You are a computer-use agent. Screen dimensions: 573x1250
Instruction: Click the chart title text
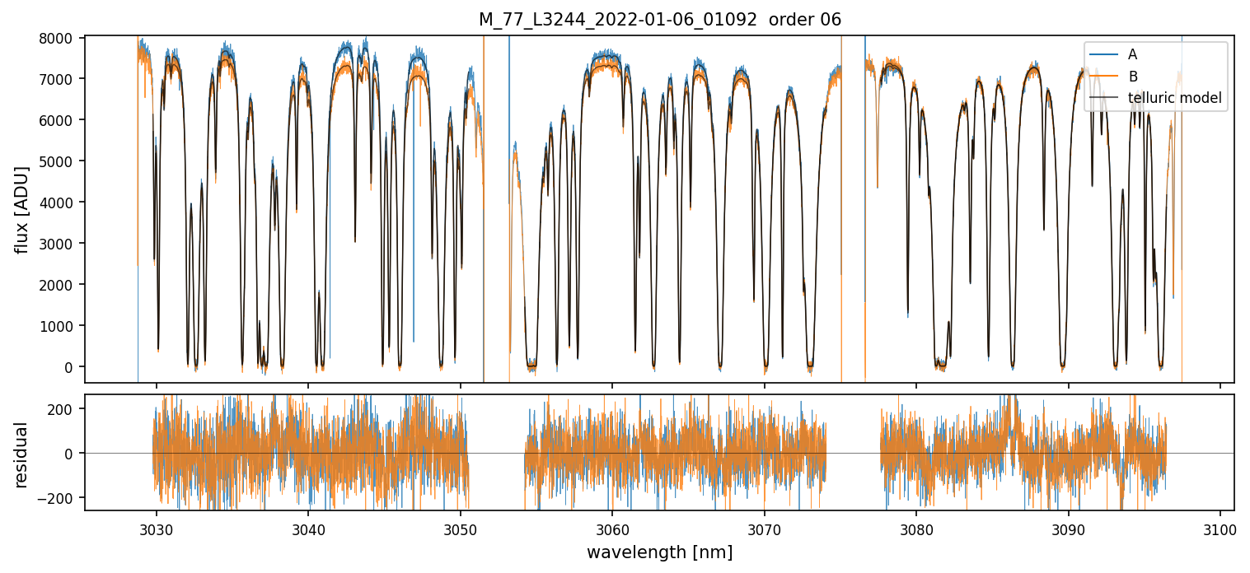(x=660, y=20)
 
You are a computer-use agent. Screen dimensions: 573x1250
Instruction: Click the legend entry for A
(x=1132, y=54)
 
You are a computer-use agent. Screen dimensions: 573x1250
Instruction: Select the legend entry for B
(x=1132, y=77)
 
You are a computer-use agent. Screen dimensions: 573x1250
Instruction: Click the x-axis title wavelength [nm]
(x=659, y=552)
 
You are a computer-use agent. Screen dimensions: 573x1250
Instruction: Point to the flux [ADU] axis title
(x=22, y=209)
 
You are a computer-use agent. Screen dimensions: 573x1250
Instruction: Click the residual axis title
(x=22, y=454)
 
